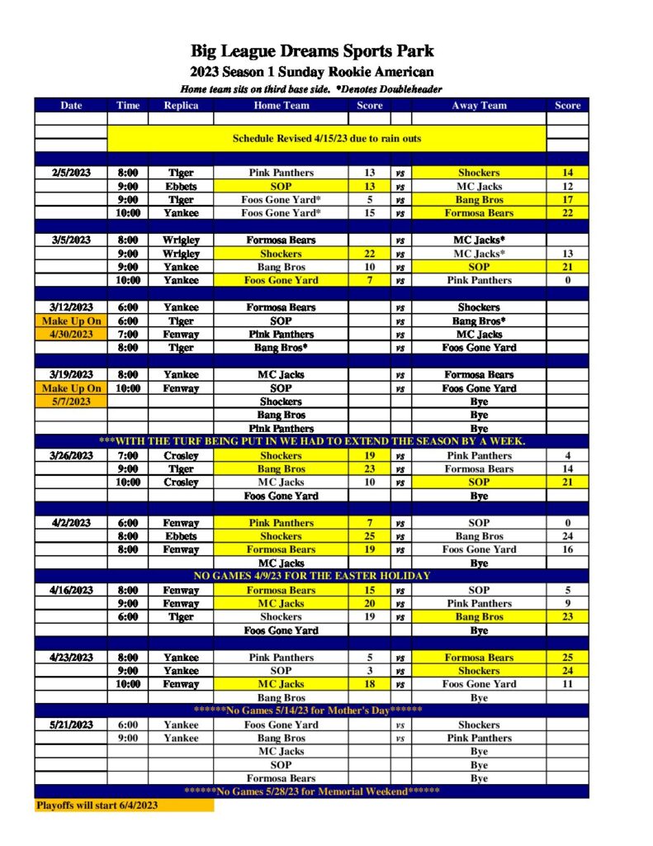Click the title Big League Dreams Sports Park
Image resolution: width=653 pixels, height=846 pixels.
pos(312,51)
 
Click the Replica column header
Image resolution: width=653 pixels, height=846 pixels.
pos(180,105)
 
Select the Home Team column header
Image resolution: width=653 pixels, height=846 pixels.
pos(281,105)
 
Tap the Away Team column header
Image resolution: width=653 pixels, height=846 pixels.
pos(479,105)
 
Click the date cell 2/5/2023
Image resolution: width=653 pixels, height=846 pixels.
pos(71,173)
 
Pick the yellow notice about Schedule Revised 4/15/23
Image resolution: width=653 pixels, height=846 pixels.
pos(326,139)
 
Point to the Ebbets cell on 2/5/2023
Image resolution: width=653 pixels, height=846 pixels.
pos(180,186)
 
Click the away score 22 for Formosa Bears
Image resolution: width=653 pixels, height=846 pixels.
pos(567,213)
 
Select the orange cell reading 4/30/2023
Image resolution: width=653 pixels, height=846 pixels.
pos(71,334)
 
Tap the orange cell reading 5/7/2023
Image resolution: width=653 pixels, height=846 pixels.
pos(71,402)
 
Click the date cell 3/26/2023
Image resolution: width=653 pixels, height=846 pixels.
pos(71,455)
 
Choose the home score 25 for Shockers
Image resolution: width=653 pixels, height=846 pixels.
pos(369,536)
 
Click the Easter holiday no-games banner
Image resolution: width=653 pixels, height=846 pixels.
pos(311,576)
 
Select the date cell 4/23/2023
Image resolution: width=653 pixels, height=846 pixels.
pos(71,658)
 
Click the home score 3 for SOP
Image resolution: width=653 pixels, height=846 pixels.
pos(369,671)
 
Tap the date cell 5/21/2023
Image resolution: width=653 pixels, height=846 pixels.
pos(71,725)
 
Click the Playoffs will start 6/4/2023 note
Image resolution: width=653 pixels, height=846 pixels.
pos(97,805)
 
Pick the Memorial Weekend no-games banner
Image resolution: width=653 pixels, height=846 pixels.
pos(311,791)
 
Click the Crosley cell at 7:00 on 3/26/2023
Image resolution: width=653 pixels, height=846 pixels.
pos(180,455)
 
